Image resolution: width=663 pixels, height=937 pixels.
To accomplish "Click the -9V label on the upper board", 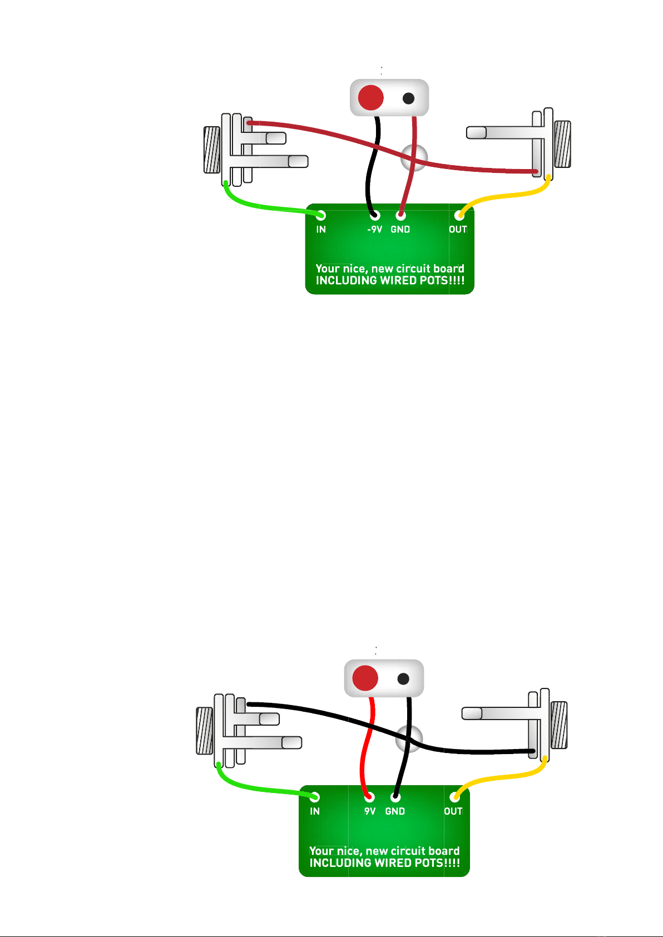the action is point(374,229).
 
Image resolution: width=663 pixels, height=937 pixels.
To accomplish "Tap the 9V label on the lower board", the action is point(370,811).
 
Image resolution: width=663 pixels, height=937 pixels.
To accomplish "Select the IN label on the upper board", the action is point(321,229).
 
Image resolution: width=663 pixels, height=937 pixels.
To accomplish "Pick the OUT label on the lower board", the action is point(453,811).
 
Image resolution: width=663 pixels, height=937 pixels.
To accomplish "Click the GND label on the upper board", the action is point(400,229).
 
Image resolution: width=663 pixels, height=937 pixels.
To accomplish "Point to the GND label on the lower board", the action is point(395,811).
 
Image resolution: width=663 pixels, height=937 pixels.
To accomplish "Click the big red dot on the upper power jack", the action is point(370,98).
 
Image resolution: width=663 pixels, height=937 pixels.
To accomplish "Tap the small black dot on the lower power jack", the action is point(404,679).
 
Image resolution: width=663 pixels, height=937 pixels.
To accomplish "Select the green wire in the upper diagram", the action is point(261,206).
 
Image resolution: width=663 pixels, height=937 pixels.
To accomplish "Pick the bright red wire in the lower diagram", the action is point(365,745).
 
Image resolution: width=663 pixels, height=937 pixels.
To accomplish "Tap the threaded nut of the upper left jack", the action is point(211,150).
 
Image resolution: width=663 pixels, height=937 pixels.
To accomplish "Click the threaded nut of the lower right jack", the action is point(558,725).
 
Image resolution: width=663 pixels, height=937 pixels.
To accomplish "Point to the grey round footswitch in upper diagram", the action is point(414,157).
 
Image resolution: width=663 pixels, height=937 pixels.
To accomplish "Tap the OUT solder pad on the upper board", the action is point(459,215).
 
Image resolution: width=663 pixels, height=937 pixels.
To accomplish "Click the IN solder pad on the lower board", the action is point(315,797).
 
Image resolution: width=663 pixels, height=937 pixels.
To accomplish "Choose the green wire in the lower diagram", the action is point(256,789).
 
